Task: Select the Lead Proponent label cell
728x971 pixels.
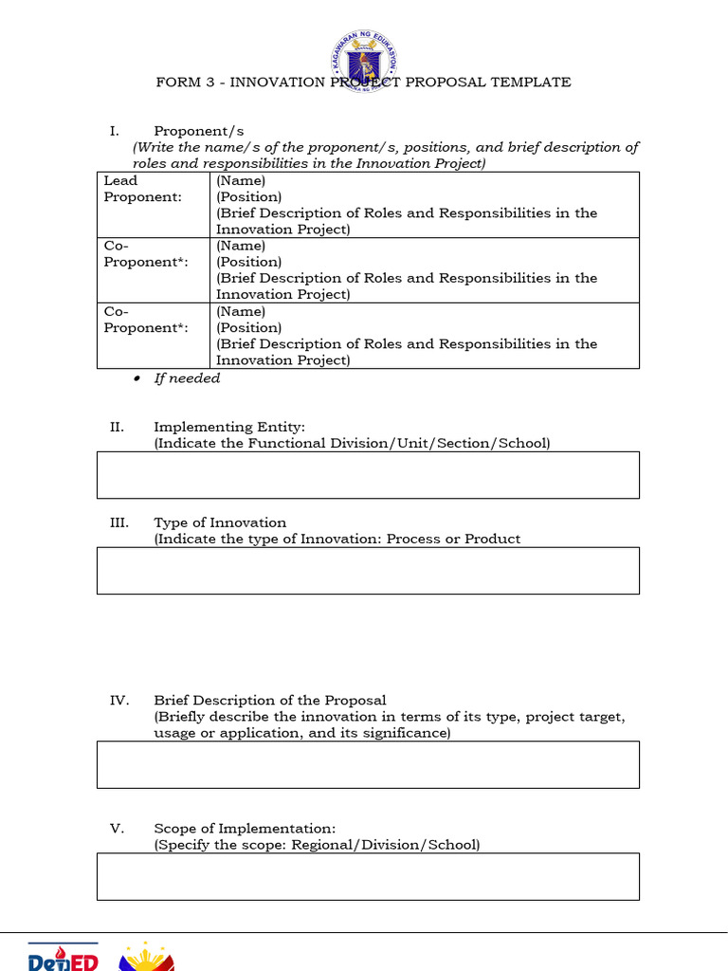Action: pos(153,205)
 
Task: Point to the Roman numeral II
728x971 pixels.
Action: pos(117,428)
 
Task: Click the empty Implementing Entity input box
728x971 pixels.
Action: pos(368,475)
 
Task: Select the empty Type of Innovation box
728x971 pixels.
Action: pos(368,571)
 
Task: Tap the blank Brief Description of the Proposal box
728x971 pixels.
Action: pos(368,764)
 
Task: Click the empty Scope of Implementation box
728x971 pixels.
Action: pos(368,876)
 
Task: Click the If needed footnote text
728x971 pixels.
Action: pos(187,378)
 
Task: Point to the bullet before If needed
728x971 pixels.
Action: pos(136,379)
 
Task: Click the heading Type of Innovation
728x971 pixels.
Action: pos(220,522)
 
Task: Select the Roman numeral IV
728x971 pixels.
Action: pos(118,701)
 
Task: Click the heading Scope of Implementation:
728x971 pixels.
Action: pos(245,828)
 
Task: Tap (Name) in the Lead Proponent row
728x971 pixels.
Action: pos(241,180)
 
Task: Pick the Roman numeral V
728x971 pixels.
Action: pos(117,828)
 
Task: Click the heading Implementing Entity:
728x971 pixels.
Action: pos(229,428)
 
